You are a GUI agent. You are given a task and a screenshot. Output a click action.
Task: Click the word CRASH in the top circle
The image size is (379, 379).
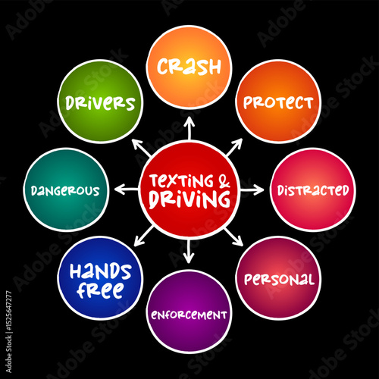tap(189, 67)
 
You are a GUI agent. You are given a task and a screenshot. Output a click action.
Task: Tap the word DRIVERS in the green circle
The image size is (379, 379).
tap(100, 103)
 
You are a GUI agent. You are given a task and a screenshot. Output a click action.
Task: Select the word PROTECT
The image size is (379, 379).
tap(278, 102)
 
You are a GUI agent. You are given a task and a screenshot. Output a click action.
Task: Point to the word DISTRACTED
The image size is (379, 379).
tap(313, 190)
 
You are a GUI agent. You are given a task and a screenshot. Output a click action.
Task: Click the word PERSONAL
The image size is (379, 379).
tap(279, 280)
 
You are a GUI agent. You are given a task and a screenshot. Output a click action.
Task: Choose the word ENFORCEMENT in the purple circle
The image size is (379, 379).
tap(189, 315)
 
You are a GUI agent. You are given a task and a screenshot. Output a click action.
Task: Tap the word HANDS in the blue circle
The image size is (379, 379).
tap(101, 271)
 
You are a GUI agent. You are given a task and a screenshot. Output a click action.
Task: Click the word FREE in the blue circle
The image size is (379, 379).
tap(101, 290)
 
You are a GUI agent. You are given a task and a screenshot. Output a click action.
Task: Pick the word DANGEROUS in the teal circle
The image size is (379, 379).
tap(65, 191)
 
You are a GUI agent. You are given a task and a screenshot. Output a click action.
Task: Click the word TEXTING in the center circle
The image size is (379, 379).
tap(182, 181)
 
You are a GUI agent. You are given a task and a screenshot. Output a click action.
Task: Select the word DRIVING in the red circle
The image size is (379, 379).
tap(189, 199)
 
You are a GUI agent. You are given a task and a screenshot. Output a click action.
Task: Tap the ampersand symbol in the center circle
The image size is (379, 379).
tap(224, 181)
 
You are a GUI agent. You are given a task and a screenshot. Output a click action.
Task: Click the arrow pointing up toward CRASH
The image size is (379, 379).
tap(189, 128)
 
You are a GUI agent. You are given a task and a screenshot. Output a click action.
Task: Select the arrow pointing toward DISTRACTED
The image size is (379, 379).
tap(252, 189)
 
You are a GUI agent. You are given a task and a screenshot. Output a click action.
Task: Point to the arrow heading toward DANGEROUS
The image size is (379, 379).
tap(127, 189)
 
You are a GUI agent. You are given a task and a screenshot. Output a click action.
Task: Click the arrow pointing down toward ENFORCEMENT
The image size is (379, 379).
tap(189, 251)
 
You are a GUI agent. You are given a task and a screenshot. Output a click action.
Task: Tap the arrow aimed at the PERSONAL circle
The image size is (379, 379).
tap(233, 237)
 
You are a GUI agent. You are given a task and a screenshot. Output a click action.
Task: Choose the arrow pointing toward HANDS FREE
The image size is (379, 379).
tap(144, 236)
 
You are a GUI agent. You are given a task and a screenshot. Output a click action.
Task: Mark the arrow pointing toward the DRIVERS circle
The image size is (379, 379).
tap(142, 147)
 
